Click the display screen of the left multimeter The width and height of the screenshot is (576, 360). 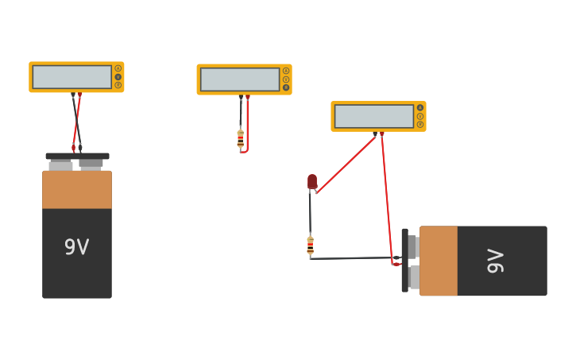tap(72, 77)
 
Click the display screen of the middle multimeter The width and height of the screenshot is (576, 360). tap(240, 79)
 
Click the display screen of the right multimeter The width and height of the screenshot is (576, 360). tap(374, 116)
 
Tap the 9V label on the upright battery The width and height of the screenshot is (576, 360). tap(76, 247)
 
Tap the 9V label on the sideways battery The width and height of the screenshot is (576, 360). tap(495, 261)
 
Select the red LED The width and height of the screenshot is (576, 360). tap(312, 182)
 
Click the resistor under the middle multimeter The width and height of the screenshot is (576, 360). tap(241, 139)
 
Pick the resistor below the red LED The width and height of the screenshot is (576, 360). tap(310, 246)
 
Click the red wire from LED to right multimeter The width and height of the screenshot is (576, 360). tap(346, 164)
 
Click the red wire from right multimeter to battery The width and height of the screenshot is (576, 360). tap(387, 199)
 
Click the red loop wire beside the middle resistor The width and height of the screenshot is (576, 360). tap(248, 127)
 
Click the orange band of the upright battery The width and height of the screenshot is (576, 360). tap(77, 190)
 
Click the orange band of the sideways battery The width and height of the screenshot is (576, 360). tap(439, 261)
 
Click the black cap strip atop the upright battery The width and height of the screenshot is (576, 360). tap(77, 157)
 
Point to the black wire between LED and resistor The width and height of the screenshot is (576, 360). tap(310, 213)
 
